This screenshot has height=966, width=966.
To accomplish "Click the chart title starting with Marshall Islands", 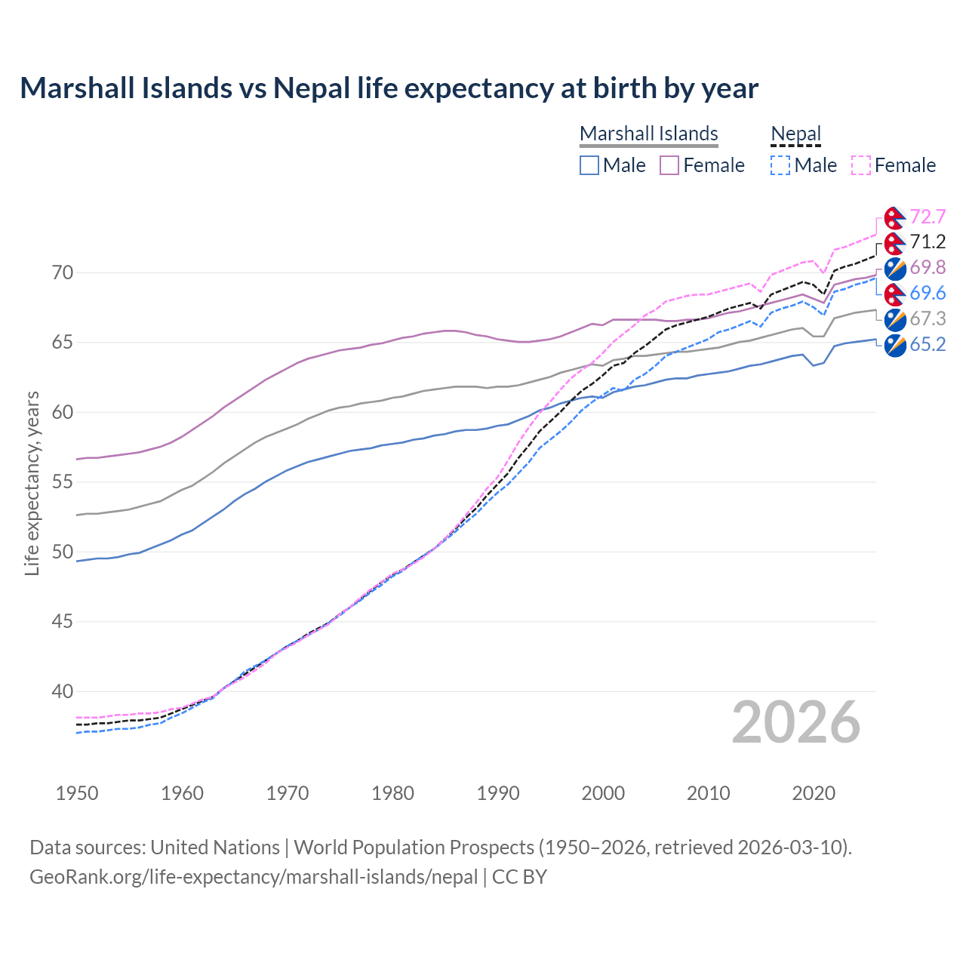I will click(x=389, y=88).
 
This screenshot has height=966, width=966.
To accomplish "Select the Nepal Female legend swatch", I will click(x=861, y=165).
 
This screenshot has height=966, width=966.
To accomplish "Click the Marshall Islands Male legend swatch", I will click(x=589, y=165).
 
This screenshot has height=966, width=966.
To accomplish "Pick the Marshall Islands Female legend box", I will click(x=669, y=165).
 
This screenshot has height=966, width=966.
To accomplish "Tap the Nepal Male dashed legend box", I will click(x=780, y=165).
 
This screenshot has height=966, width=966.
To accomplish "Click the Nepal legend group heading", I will click(x=795, y=134).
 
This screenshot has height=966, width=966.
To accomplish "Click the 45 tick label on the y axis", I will click(x=63, y=622).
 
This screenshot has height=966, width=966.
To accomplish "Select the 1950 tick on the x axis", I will click(x=77, y=793).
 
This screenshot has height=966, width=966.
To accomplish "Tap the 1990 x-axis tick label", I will click(x=498, y=793).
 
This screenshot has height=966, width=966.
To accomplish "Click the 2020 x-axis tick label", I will click(x=814, y=793).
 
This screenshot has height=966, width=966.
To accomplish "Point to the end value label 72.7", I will click(x=928, y=217).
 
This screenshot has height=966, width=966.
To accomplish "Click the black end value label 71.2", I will click(x=928, y=242).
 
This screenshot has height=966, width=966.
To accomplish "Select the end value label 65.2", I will click(x=928, y=345).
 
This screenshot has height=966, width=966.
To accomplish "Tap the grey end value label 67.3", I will click(x=928, y=319).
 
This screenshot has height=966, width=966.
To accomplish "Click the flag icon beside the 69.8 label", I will click(x=895, y=268).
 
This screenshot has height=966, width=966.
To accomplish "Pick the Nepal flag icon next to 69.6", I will click(x=895, y=294).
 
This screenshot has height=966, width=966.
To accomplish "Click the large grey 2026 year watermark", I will click(x=795, y=722).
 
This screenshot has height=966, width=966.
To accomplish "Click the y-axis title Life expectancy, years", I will click(x=32, y=483).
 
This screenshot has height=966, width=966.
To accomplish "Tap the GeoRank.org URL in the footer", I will click(x=254, y=877).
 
